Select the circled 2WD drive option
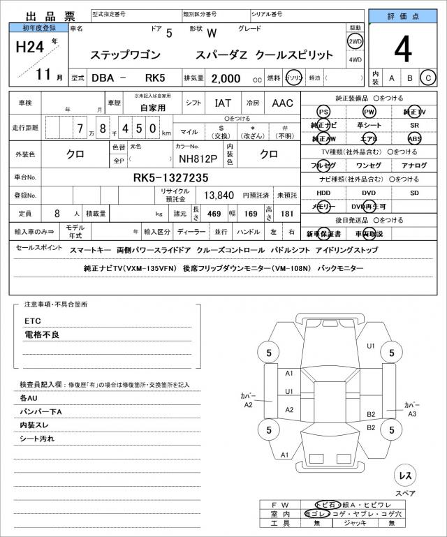pyautogui.click(x=355, y=43)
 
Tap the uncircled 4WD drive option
pyautogui.click(x=355, y=60)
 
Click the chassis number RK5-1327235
pyautogui.click(x=170, y=177)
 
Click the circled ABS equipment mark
pyautogui.click(x=414, y=138)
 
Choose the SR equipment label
pyautogui.click(x=414, y=126)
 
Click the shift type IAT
pyautogui.click(x=223, y=103)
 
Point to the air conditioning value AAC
pyautogui.click(x=282, y=103)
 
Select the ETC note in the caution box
pyautogui.click(x=33, y=321)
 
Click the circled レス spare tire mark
pyautogui.click(x=404, y=476)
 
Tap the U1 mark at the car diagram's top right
pyautogui.click(x=371, y=346)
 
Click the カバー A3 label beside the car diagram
pyautogui.click(x=411, y=409)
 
